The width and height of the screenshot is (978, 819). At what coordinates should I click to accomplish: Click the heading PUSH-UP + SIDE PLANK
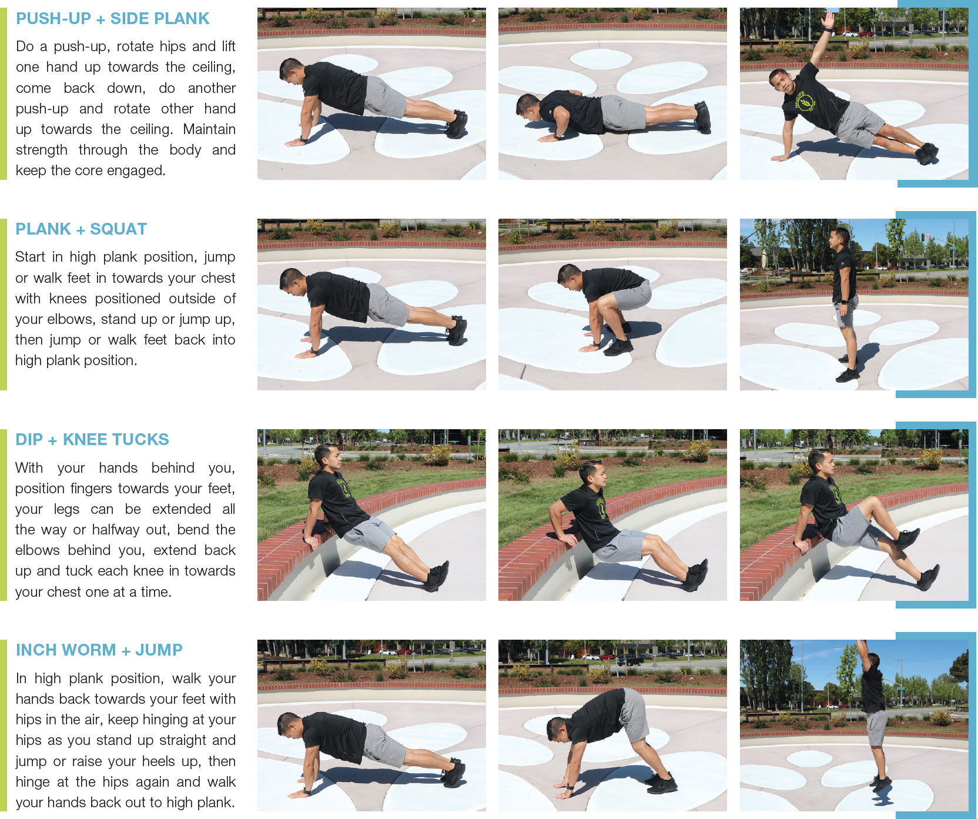pos(112,19)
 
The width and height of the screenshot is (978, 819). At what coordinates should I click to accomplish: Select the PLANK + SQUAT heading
pos(81,229)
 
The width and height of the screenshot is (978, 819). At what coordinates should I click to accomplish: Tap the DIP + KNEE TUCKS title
pos(92,440)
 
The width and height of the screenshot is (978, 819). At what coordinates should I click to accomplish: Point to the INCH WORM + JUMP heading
pos(99,650)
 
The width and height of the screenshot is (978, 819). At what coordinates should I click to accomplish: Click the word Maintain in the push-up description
pos(209,129)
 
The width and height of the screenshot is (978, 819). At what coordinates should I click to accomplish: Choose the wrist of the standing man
pos(843,302)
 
